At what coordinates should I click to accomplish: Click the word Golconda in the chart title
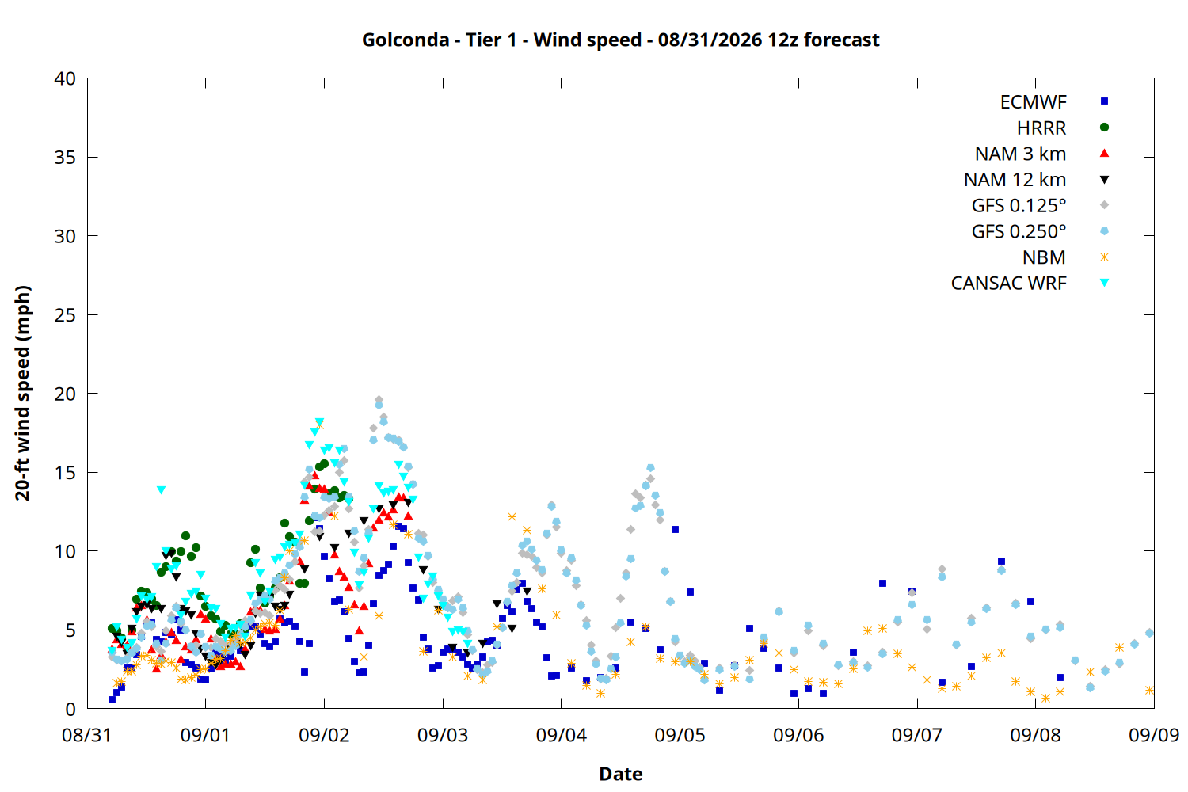(406, 40)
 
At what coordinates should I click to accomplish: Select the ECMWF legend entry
(1033, 102)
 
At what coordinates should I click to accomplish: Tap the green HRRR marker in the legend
(1104, 128)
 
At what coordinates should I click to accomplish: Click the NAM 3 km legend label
(1020, 154)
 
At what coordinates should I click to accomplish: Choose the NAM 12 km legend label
(1015, 180)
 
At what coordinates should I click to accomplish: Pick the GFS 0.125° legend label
(1019, 205)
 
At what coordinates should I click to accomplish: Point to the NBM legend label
(1045, 257)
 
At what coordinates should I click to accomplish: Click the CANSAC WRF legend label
(1009, 284)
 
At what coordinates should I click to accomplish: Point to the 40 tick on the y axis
(65, 78)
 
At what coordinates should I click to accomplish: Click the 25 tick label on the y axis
(65, 315)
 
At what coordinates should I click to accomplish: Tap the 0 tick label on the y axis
(70, 709)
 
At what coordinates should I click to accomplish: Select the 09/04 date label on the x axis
(561, 735)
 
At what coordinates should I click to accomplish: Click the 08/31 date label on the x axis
(87, 735)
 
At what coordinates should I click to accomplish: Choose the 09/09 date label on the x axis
(1154, 735)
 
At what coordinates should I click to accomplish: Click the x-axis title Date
(620, 774)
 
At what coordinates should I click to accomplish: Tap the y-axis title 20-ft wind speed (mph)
(22, 393)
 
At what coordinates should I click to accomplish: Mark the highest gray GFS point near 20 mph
(379, 399)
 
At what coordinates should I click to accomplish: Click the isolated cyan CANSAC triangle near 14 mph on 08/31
(162, 490)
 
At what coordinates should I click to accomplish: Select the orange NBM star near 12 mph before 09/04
(512, 516)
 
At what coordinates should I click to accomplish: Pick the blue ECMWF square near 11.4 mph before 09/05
(675, 529)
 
